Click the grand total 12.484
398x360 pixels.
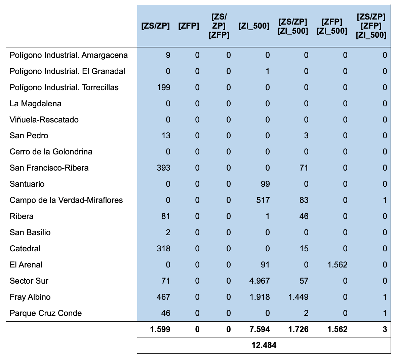click(264, 345)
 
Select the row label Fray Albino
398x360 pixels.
click(30, 297)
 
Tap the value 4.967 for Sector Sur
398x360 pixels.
click(260, 281)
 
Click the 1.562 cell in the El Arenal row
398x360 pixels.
click(337, 265)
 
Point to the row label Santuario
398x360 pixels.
click(27, 184)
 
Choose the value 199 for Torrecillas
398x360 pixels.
click(163, 87)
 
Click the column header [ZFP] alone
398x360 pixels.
click(188, 26)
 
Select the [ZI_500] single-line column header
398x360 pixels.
click(254, 26)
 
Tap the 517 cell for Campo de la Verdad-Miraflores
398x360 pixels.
click(263, 200)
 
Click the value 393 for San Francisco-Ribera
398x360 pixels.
click(163, 168)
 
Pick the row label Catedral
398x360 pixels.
click(25, 249)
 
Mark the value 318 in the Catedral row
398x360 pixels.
click(163, 249)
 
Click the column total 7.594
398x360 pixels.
click(260, 329)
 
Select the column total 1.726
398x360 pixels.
click(298, 329)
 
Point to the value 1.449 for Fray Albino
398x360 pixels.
click(298, 297)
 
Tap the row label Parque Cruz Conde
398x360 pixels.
click(46, 313)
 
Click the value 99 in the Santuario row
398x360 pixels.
click(265, 184)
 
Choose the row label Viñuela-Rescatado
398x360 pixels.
click(44, 120)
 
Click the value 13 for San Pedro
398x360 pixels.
click(166, 136)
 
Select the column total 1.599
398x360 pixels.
click(160, 329)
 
